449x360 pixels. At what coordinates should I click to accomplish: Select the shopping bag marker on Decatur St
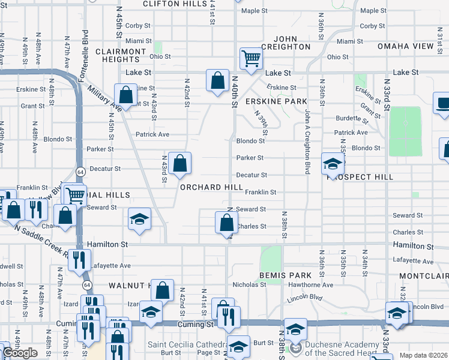[179, 163]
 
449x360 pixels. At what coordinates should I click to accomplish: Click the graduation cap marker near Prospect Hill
[333, 163]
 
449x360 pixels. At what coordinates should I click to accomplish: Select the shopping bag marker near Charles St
[226, 222]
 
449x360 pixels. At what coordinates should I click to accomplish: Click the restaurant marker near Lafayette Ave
[79, 259]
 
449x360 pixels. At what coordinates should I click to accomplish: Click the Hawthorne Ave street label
[310, 284]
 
